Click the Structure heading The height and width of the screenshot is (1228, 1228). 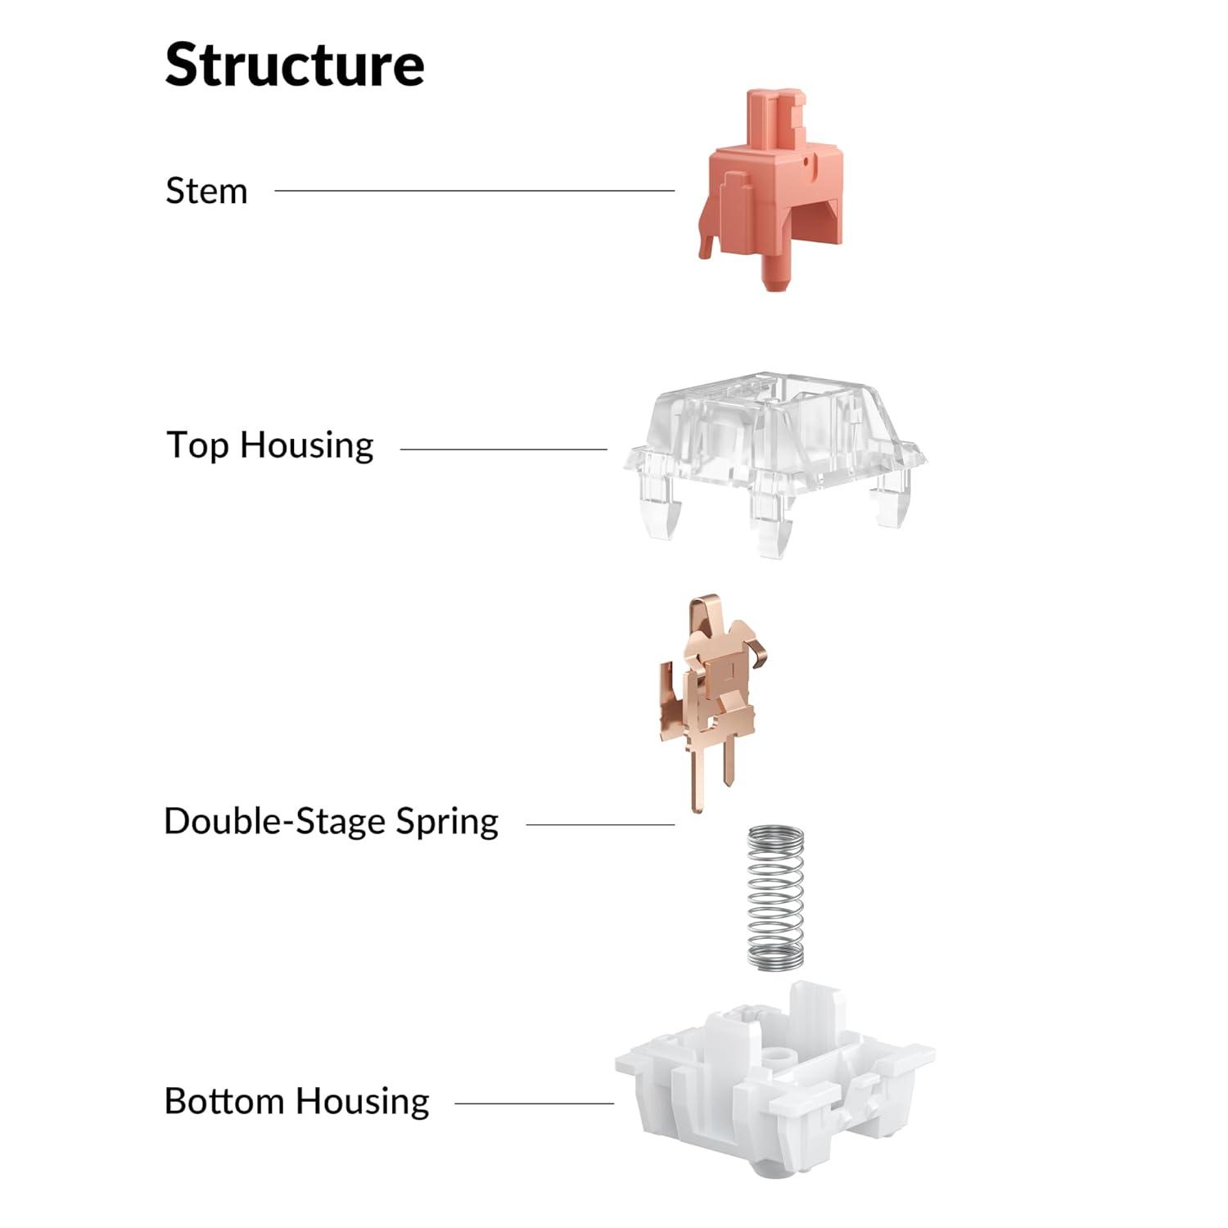click(295, 65)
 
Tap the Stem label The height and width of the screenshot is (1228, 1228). click(206, 191)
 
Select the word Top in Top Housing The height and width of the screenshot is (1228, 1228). click(198, 446)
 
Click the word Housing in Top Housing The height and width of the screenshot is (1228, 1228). click(307, 446)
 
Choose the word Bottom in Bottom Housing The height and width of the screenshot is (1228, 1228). click(224, 1101)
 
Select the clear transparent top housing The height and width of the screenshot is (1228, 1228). click(774, 463)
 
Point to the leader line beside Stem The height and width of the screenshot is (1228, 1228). click(475, 191)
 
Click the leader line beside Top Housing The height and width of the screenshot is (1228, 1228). click(503, 449)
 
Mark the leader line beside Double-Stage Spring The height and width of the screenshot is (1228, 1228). click(600, 824)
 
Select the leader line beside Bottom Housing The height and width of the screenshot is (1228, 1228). click(534, 1104)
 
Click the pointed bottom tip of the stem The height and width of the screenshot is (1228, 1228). click(776, 287)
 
